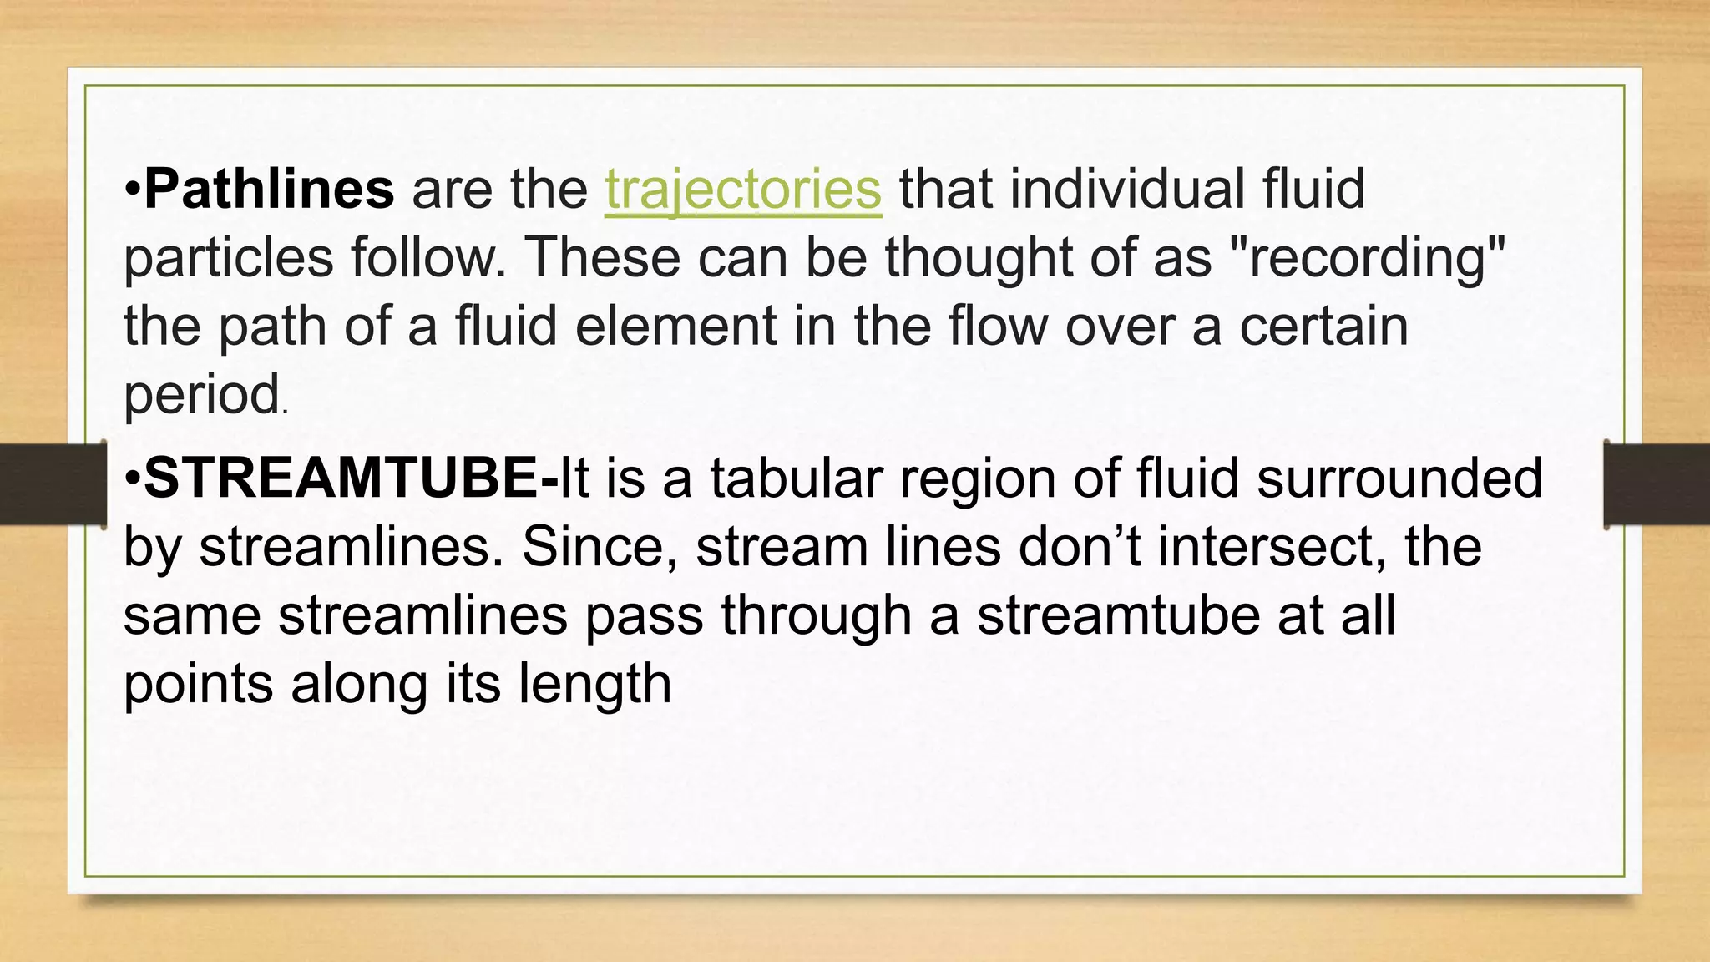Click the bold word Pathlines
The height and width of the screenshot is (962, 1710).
[269, 189]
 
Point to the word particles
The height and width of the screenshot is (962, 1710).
[228, 259]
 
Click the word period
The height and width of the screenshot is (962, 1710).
[201, 395]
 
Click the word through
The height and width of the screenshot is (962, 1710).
[815, 617]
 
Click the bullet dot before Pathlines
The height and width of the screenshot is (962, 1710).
[133, 190]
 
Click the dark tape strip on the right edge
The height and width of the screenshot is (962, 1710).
[1657, 484]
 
